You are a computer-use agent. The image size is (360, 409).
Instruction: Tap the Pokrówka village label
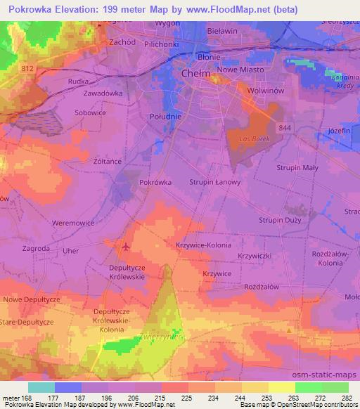pyautogui.click(x=155, y=181)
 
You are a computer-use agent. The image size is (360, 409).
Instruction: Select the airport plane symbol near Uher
pyautogui.click(x=126, y=246)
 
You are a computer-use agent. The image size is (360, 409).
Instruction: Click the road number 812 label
pyautogui.click(x=27, y=68)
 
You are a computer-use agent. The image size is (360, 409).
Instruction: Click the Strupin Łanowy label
pyautogui.click(x=215, y=182)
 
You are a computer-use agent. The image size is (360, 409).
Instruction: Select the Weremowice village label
pyautogui.click(x=74, y=223)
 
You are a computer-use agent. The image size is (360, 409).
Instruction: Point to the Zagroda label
pyautogui.click(x=35, y=249)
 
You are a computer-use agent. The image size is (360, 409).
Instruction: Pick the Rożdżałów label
pyautogui.click(x=262, y=287)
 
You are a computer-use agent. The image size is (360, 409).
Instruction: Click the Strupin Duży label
pyautogui.click(x=280, y=220)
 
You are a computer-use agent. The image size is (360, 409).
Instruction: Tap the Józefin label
pyautogui.click(x=339, y=131)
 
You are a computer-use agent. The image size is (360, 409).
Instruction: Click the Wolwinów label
pyautogui.click(x=265, y=91)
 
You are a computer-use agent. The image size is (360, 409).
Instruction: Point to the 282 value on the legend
pyautogui.click(x=347, y=398)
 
